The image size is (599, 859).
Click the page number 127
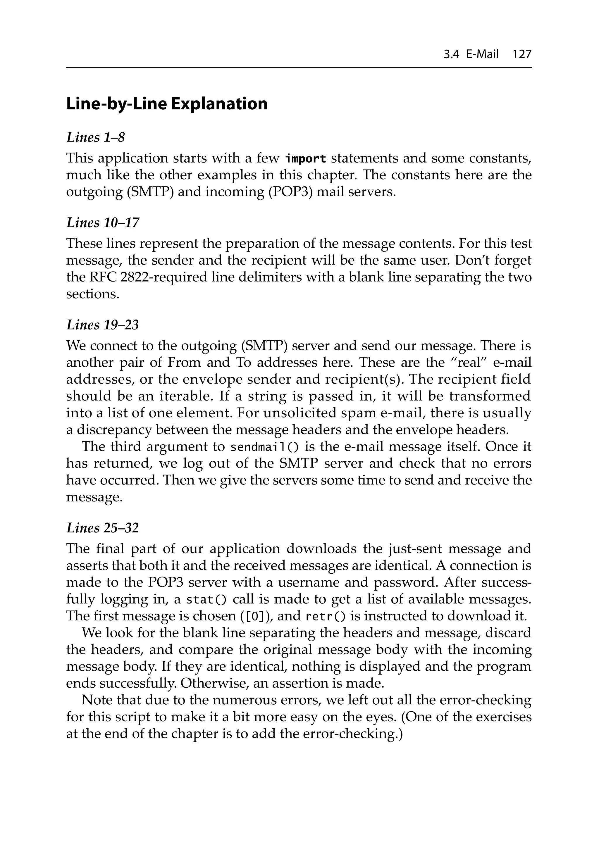[521, 55]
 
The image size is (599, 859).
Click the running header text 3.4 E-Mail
[471, 55]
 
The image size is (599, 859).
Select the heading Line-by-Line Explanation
[167, 104]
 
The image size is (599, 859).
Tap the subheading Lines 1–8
[95, 137]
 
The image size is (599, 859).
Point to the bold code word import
[305, 159]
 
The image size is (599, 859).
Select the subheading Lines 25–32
[103, 528]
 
